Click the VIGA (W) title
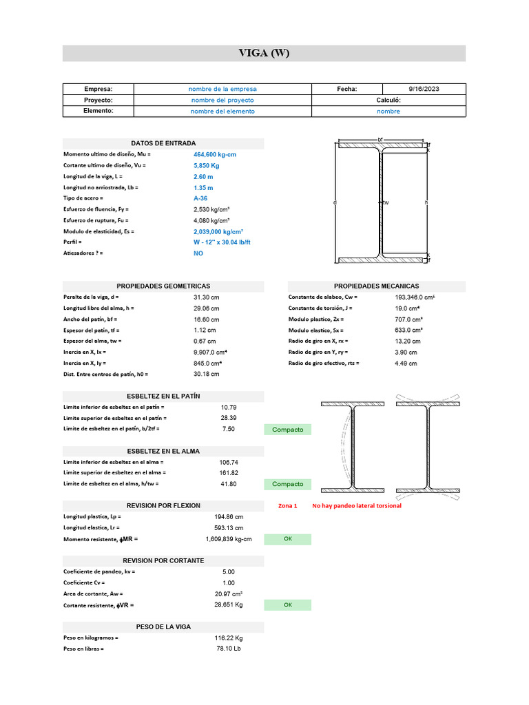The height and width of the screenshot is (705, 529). (264, 53)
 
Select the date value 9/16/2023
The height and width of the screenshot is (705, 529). (424, 89)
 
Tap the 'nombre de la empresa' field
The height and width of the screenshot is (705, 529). (222, 89)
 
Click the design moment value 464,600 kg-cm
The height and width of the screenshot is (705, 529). (215, 154)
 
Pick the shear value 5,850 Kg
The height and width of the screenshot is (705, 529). (206, 165)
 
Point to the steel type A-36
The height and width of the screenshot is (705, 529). (200, 198)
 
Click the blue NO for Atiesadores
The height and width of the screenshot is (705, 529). (198, 253)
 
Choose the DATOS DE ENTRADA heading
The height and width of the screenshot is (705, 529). (163, 143)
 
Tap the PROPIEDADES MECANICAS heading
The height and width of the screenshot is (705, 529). (376, 286)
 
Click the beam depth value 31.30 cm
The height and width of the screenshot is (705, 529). (206, 297)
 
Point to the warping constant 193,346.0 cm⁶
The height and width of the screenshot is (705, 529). (415, 297)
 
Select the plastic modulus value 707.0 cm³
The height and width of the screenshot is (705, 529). (408, 319)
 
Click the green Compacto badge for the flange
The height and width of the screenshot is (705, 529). (287, 430)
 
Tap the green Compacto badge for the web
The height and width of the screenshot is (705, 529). (287, 484)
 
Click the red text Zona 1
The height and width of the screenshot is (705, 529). (287, 506)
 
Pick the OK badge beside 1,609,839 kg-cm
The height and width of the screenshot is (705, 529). (287, 539)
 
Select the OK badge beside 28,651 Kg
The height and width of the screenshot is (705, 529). (287, 605)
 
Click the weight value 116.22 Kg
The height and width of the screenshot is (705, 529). (229, 638)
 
